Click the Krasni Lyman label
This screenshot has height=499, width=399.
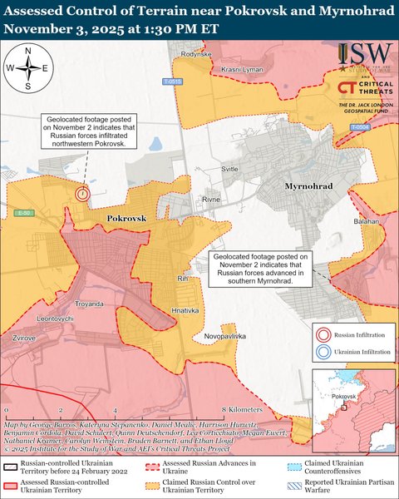click(x=243, y=70)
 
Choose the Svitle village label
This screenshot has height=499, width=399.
click(x=229, y=168)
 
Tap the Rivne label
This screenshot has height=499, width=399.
click(x=211, y=200)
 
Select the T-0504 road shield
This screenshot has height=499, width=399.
click(x=358, y=127)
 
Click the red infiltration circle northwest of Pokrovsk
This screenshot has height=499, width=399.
click(x=81, y=193)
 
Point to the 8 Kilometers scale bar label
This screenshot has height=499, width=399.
click(x=243, y=410)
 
